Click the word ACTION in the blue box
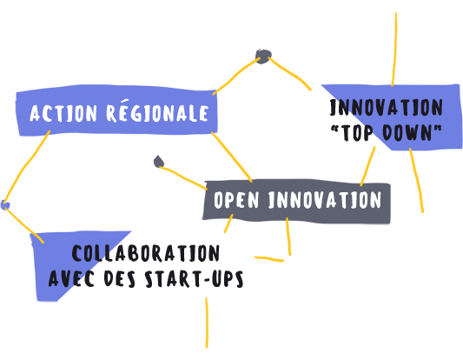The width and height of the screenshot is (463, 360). (63, 113)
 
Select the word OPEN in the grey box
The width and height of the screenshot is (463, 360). (236, 199)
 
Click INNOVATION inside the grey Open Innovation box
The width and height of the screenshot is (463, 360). (325, 199)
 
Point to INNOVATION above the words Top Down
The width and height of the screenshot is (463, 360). (387, 107)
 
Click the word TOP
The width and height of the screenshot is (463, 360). (357, 133)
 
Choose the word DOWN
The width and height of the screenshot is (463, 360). (407, 132)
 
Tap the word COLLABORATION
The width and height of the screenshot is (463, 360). (146, 253)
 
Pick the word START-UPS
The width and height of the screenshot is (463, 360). (194, 278)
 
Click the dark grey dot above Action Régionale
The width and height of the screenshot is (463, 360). (263, 57)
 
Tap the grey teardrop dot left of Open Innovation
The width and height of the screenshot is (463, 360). (159, 162)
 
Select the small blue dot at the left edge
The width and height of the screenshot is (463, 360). (5, 204)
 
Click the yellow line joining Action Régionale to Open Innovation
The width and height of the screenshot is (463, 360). (232, 157)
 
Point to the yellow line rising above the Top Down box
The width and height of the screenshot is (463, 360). (394, 50)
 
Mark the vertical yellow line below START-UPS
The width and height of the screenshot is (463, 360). (207, 323)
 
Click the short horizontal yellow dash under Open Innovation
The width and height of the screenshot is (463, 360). (269, 259)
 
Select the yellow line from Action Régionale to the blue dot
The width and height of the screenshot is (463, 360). (25, 167)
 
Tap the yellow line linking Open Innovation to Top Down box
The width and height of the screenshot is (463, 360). (368, 166)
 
